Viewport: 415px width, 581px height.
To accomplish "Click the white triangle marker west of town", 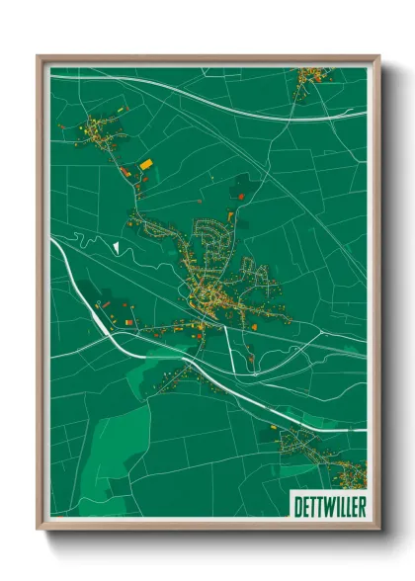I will tap(116, 246).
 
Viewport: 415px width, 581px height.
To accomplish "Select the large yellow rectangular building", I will tap(145, 163).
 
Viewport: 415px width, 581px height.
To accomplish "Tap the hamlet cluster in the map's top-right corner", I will tap(314, 74).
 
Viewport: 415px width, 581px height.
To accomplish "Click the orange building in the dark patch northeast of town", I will tap(231, 215).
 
